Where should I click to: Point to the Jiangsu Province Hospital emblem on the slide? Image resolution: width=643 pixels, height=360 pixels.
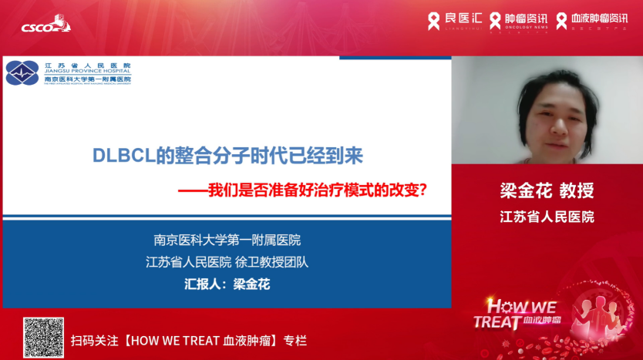[x=22, y=73]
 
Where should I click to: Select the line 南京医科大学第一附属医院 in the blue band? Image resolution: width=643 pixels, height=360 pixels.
[x=227, y=241]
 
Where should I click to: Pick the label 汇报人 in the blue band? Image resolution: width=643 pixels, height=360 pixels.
[x=203, y=284]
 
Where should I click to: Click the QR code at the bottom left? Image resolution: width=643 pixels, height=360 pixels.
[x=43, y=337]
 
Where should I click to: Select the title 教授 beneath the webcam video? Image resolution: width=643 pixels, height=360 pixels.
[x=575, y=191]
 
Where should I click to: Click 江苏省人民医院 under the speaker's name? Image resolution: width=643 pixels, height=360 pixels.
[x=547, y=217]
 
